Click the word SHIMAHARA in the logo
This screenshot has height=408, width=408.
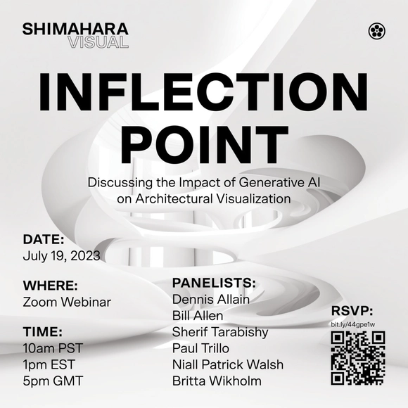[x=75, y=29]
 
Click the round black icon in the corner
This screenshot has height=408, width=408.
[x=376, y=30]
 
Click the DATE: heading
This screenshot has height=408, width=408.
[x=44, y=238]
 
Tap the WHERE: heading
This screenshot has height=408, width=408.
[x=50, y=286]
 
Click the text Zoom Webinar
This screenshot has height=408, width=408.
[x=67, y=302]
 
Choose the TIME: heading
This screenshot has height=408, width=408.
[x=43, y=332]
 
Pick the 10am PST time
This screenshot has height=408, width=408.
[x=53, y=348]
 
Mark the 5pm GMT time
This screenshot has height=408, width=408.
[x=52, y=381]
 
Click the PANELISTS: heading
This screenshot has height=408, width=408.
[x=214, y=283]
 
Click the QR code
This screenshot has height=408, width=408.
[x=357, y=357]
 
